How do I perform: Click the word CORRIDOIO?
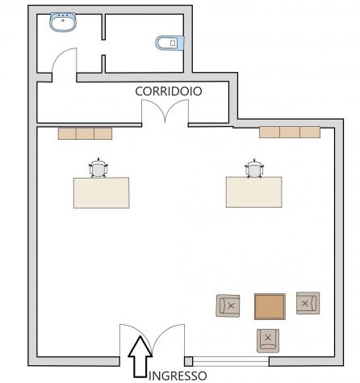169,91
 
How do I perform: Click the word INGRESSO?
178,376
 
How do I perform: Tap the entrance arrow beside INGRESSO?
140,356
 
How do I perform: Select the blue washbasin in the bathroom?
63,22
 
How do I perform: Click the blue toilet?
170,43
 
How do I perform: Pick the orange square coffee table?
270,306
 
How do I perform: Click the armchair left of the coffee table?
228,305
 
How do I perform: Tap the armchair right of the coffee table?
308,303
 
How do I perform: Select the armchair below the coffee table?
268,341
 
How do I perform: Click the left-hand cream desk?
102,192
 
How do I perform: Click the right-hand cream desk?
254,192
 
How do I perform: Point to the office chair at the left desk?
98,168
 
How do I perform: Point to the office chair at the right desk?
254,168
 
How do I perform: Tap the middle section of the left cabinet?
85,133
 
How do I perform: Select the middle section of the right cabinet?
290,133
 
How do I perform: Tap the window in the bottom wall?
231,361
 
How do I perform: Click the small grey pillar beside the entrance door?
188,361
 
